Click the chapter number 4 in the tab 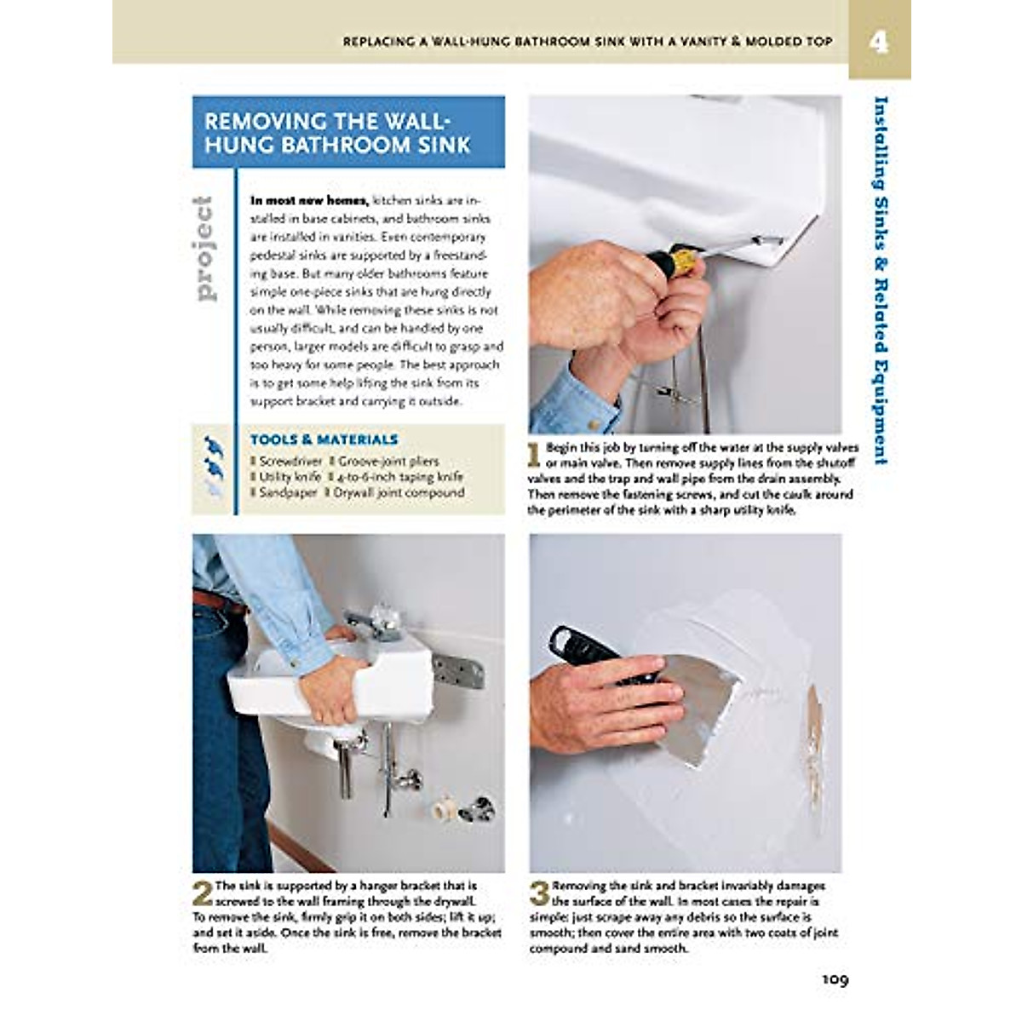tap(878, 42)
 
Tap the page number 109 tap(835, 979)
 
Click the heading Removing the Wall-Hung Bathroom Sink tap(338, 133)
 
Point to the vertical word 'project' tap(204, 248)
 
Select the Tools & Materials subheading tap(324, 439)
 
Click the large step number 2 tap(202, 893)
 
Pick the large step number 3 tap(539, 893)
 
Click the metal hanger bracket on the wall tap(458, 671)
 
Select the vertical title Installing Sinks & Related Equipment tap(881, 281)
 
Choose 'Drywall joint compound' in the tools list tap(399, 492)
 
